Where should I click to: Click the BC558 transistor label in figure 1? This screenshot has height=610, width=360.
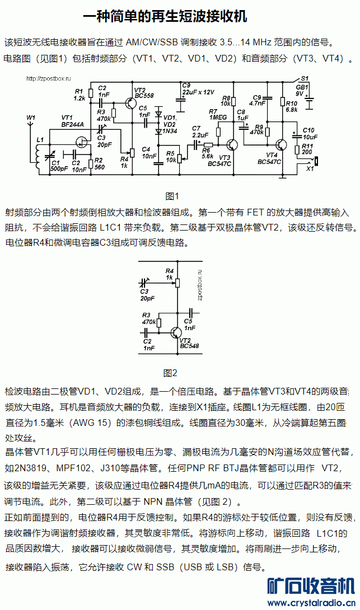tap(144, 96)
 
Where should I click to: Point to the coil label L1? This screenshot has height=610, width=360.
tap(39, 139)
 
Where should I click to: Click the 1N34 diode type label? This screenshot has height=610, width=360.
tap(170, 130)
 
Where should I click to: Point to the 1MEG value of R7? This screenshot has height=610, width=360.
tap(218, 118)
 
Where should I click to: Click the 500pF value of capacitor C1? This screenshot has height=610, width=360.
tap(59, 169)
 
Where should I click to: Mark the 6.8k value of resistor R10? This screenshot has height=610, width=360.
tap(291, 110)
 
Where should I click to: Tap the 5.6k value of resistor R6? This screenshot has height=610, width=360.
tap(207, 156)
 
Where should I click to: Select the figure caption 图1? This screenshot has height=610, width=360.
tap(171, 195)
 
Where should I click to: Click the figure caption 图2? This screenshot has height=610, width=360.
tap(170, 373)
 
